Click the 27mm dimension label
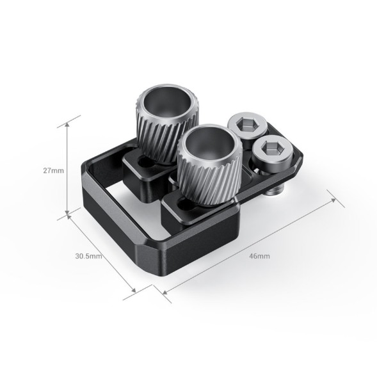(x=52, y=171)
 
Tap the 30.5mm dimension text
(x=88, y=256)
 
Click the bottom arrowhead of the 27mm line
(x=67, y=214)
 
